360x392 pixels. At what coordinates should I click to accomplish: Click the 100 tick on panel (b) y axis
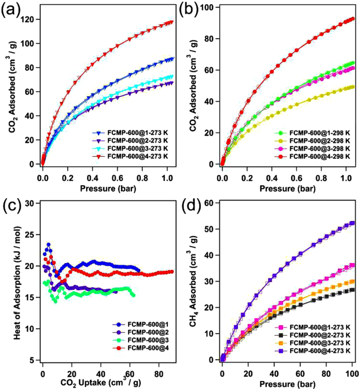click(208, 8)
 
